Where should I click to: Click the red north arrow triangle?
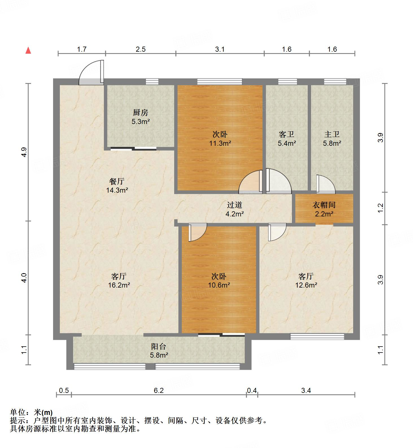point(28,51)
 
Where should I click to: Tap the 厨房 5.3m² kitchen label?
point(140,117)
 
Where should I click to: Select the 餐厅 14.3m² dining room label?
point(117,185)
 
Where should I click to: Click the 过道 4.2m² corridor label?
point(235,209)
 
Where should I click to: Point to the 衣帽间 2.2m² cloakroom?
point(324,209)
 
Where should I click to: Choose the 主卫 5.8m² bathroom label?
point(332,139)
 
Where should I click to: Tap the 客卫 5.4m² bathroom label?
point(287,139)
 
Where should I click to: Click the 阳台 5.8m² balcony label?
point(159,351)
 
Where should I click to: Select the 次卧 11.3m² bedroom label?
point(220,139)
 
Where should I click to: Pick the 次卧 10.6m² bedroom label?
point(219,280)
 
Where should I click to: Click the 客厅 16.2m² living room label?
point(119,280)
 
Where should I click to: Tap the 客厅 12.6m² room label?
point(306,280)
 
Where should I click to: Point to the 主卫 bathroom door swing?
point(325,185)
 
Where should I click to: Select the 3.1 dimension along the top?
point(220,49)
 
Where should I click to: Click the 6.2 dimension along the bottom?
point(159,390)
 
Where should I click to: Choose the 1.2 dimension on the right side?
point(381,208)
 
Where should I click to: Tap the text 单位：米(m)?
point(31,412)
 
